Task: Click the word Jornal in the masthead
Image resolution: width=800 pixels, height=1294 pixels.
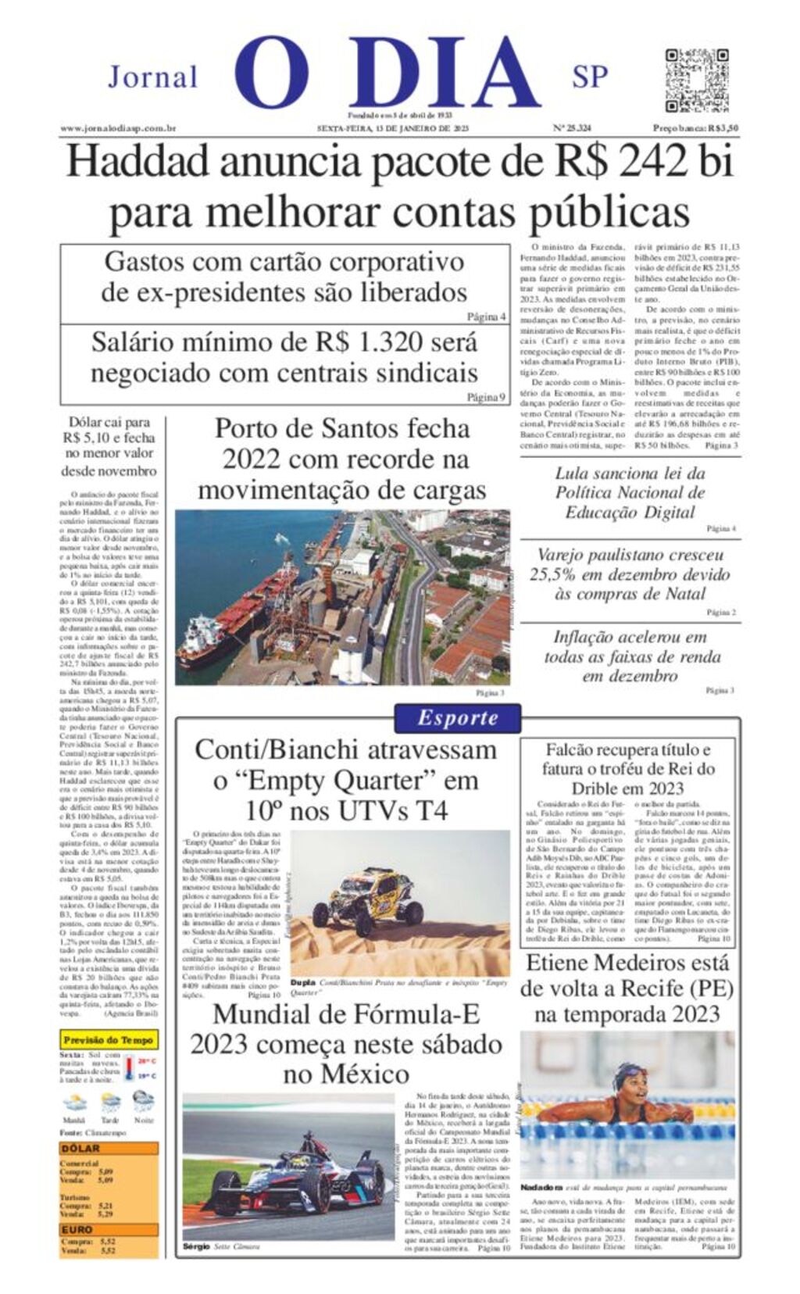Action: [153, 77]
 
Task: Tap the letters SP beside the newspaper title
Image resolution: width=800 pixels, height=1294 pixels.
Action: [590, 77]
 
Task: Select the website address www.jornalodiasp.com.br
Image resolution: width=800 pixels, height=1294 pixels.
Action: [118, 129]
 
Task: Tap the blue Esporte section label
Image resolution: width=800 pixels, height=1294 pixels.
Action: [457, 718]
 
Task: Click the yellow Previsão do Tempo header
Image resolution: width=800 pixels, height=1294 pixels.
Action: [109, 1040]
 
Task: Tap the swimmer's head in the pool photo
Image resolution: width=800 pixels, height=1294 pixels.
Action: [627, 1078]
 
